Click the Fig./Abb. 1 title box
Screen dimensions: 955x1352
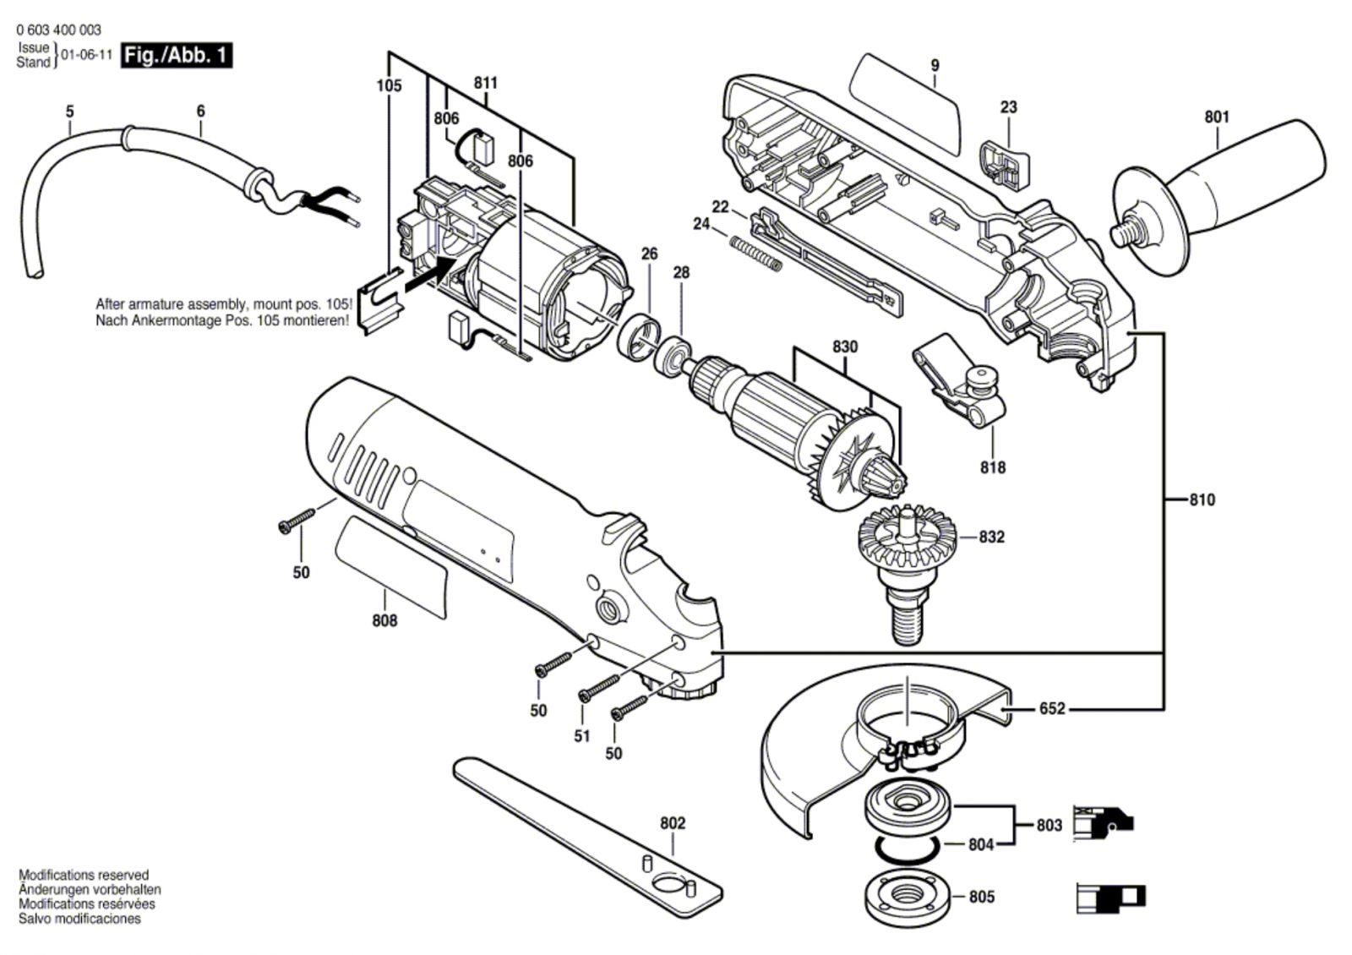pyautogui.click(x=176, y=56)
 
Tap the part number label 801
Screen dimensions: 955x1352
pyautogui.click(x=1217, y=117)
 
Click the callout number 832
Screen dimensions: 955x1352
pyautogui.click(x=992, y=537)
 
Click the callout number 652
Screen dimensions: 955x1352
pyautogui.click(x=1052, y=708)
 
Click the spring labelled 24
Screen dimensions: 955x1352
pyautogui.click(x=755, y=253)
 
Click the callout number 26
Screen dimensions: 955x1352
pyautogui.click(x=648, y=254)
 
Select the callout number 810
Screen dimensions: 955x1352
pyautogui.click(x=1202, y=499)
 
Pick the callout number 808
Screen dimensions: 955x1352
pyautogui.click(x=384, y=619)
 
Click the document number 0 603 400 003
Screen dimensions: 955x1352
pyautogui.click(x=58, y=30)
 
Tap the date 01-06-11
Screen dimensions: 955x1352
pyautogui.click(x=87, y=56)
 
